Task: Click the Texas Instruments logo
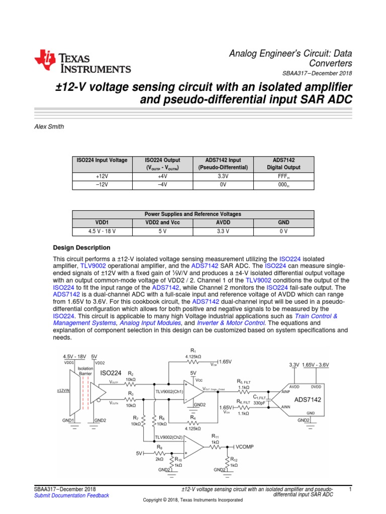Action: (82, 63)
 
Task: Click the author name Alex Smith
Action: (48, 127)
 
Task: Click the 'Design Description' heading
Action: (81, 247)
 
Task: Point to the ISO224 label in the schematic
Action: (111, 373)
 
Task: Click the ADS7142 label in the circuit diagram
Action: (308, 400)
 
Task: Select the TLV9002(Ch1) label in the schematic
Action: (170, 392)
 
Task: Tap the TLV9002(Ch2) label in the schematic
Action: (169, 437)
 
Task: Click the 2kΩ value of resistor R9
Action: (159, 459)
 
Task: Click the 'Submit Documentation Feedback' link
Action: (71, 495)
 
